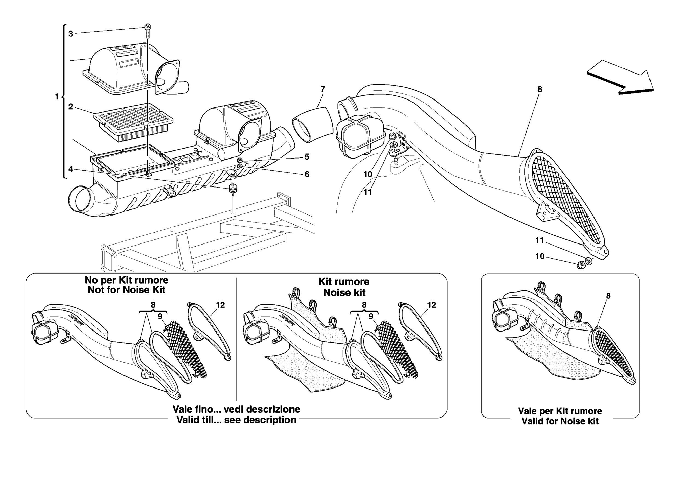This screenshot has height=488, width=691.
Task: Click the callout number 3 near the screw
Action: (x=71, y=34)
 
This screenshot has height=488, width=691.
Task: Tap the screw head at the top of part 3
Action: (x=147, y=27)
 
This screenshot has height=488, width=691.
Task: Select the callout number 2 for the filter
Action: (x=71, y=107)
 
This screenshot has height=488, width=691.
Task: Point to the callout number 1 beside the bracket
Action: (x=57, y=97)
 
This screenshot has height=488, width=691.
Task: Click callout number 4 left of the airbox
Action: (x=71, y=169)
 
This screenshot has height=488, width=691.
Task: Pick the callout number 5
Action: (x=307, y=157)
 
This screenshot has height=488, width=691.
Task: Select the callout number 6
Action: (x=307, y=174)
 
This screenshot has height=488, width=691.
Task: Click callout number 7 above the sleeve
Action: (x=323, y=89)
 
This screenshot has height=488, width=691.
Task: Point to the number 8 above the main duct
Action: (x=540, y=89)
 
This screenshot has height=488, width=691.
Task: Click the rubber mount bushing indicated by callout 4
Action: (x=233, y=189)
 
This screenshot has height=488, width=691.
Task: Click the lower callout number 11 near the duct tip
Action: (x=540, y=240)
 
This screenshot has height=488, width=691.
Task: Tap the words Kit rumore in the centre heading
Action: (x=344, y=282)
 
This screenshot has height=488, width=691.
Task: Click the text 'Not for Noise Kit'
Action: (x=127, y=290)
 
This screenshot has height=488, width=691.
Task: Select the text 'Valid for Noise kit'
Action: (x=560, y=421)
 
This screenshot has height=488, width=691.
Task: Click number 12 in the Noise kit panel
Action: (x=432, y=305)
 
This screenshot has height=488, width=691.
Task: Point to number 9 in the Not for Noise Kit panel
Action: (x=160, y=316)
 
